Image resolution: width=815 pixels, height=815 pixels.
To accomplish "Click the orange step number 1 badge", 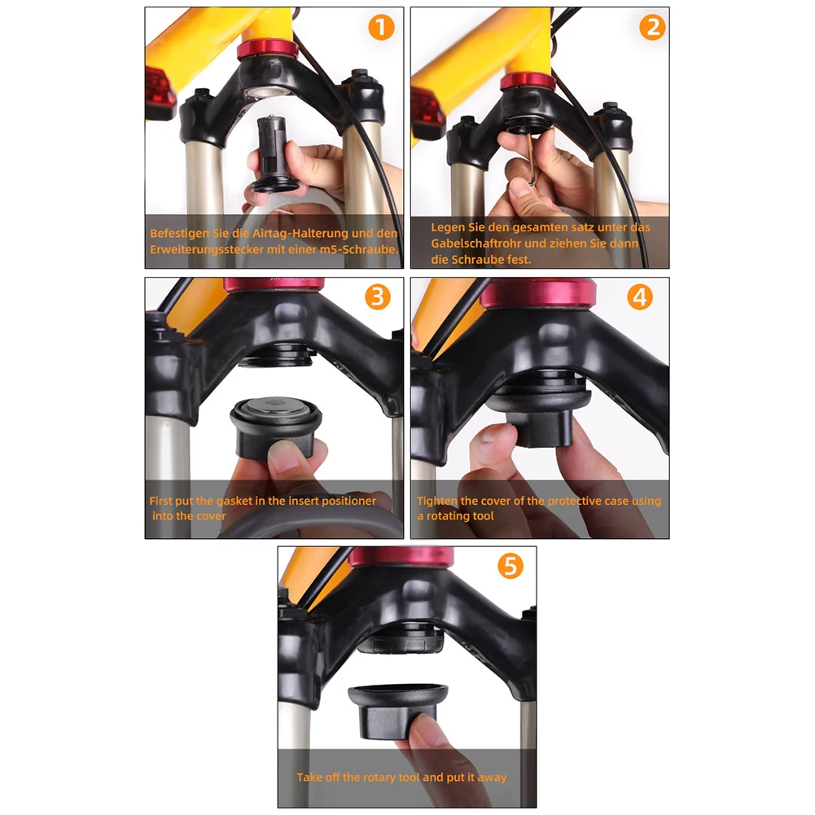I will pos(381,28).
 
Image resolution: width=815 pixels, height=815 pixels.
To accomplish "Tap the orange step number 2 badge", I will pos(651,28).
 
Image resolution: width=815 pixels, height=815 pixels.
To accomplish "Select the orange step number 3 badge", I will pos(376,297).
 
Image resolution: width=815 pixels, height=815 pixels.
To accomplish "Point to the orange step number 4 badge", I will pos(640,297).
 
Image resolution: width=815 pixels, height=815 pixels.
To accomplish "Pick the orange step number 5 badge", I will pos(510,566).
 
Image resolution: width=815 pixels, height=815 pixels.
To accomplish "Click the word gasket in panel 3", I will pos(233,501).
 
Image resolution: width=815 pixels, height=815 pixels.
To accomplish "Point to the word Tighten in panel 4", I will pos(438,501).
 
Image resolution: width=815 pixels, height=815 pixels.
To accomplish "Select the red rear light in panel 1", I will pos(160,93).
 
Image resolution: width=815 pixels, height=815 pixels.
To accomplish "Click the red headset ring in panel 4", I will pos(537,294).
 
